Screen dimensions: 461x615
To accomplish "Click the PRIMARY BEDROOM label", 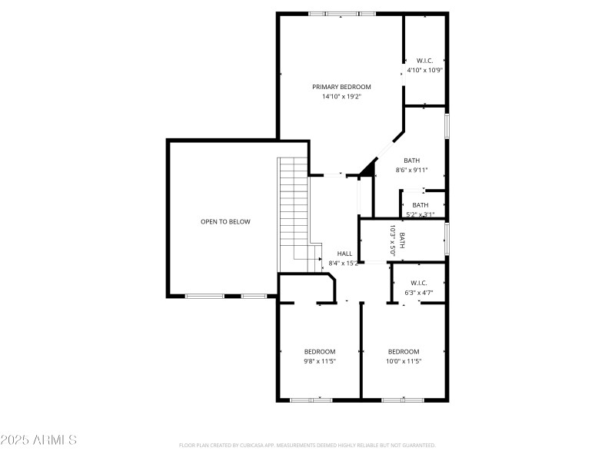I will [341, 87].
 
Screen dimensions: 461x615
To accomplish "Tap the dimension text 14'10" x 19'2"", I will [341, 97].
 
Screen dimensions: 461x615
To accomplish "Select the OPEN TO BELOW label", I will [225, 221].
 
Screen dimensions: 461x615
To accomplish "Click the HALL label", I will [344, 254].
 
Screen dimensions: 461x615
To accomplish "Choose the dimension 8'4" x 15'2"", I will [344, 264].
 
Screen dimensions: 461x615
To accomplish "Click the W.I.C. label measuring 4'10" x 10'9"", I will [424, 60].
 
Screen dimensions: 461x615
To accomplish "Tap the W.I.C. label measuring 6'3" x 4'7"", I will [419, 283].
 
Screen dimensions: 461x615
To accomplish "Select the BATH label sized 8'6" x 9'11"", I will [411, 161].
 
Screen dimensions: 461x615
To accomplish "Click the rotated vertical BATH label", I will [401, 240].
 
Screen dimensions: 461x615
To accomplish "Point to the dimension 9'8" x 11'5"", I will [319, 361].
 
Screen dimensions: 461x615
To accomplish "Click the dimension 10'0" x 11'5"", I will [404, 361].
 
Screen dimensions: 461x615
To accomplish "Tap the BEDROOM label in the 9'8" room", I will [319, 351].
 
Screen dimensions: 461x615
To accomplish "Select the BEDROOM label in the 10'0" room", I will [404, 351].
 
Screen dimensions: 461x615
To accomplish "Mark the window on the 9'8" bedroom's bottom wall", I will [311, 400].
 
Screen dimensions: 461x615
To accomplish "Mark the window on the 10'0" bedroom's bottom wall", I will [403, 400].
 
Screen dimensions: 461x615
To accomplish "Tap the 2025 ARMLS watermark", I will [38, 440].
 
